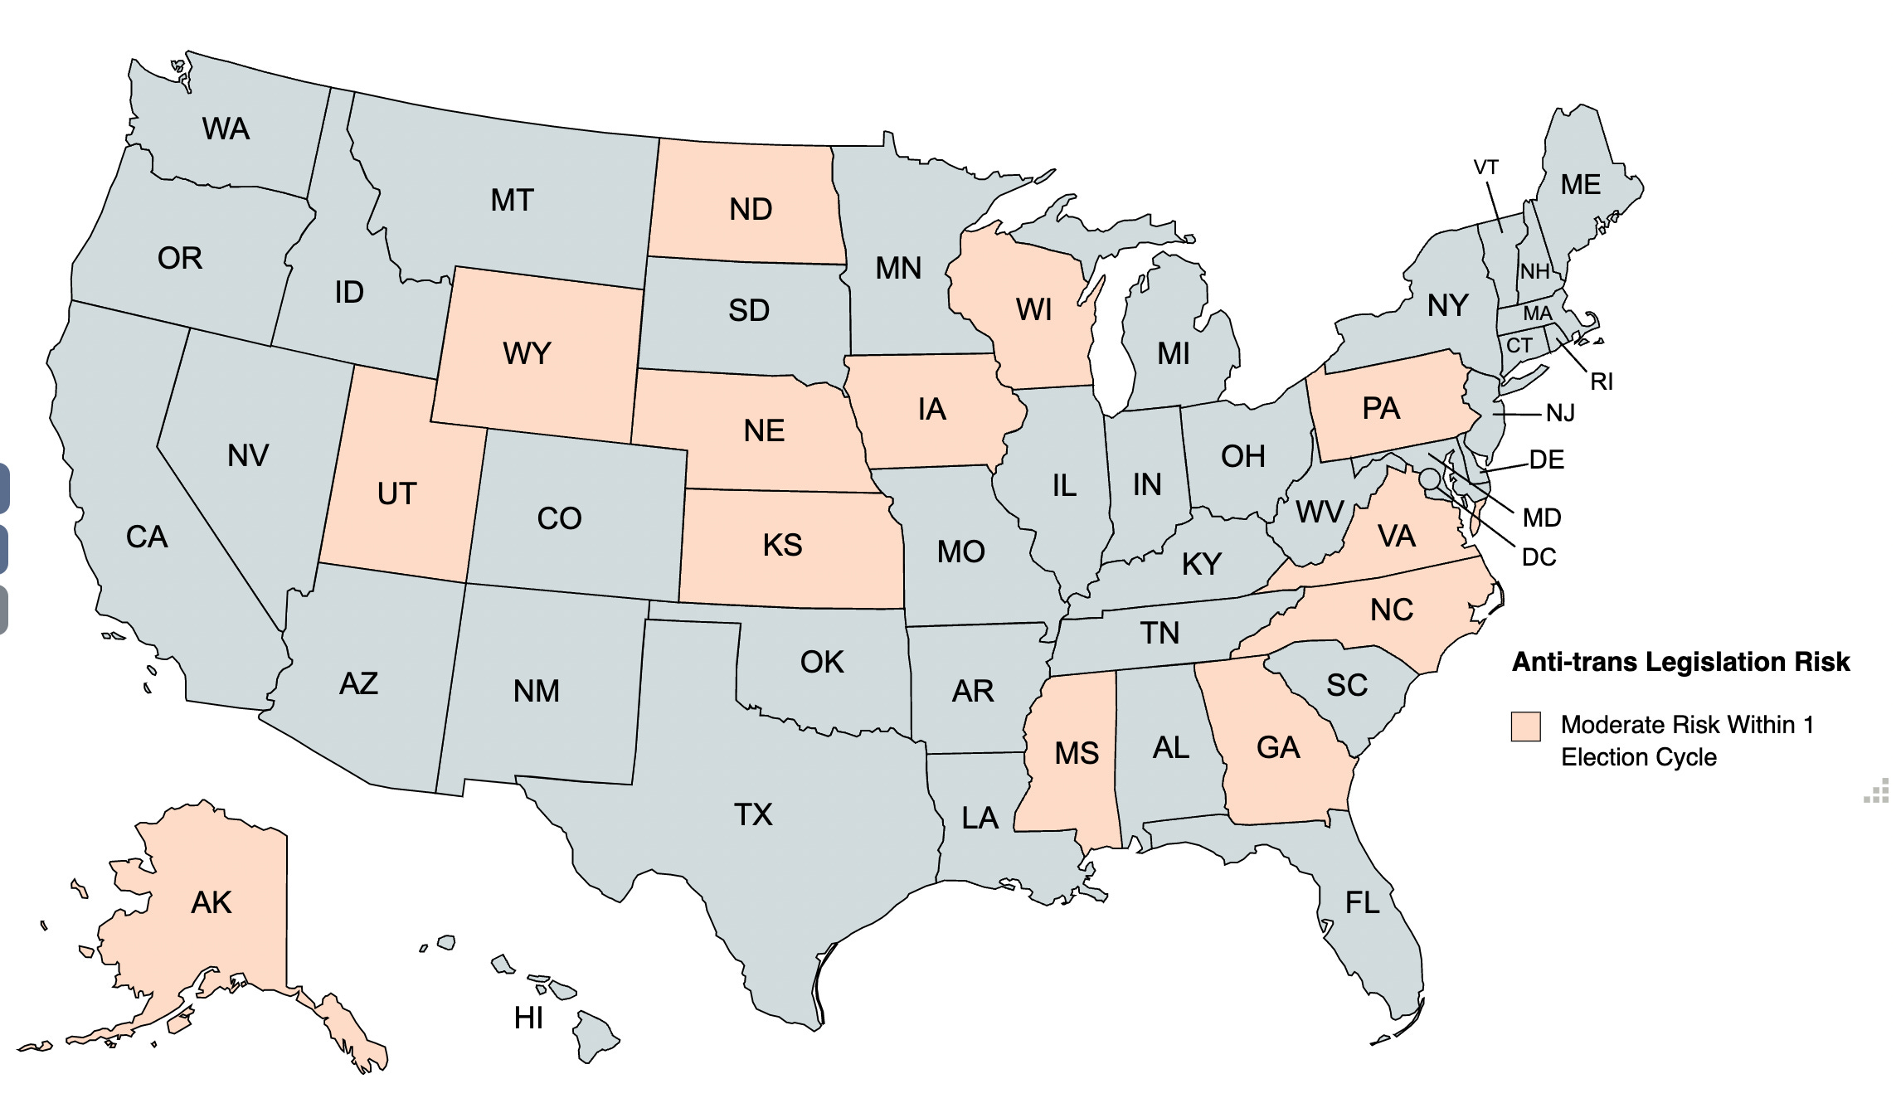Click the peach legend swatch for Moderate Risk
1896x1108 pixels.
1525,727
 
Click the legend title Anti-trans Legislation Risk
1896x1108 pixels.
1680,662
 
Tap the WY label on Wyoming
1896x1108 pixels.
527,354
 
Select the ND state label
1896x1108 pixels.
751,210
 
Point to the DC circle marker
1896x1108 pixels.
1429,479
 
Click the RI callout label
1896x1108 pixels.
1601,382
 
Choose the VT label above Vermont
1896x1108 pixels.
1485,168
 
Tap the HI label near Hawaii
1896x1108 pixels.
528,1018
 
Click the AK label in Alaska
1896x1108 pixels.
211,902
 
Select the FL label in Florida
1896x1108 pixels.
1363,902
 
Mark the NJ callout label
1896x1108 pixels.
1560,413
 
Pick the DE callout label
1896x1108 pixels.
1546,460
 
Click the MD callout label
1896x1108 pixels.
1541,518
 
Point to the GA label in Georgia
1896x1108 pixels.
1277,748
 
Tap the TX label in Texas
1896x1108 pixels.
753,814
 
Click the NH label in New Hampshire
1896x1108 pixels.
1534,272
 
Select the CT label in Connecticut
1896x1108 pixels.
1519,346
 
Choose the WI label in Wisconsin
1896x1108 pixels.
1033,310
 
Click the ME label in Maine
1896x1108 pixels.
1580,185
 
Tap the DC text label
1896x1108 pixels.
1539,557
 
